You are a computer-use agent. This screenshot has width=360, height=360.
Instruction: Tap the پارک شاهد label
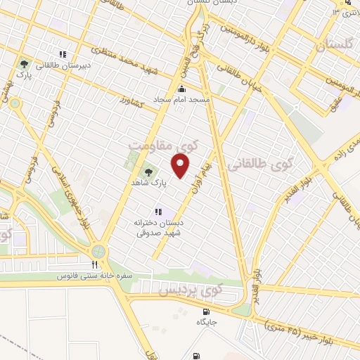point(148,182)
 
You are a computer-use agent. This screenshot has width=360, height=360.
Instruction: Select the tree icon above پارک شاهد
point(148,171)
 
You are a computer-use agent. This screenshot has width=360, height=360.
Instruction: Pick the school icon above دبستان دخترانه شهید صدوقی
point(158,211)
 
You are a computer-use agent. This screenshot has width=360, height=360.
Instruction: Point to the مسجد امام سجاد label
point(183,100)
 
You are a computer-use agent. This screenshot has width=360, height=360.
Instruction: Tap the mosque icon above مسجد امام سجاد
point(183,89)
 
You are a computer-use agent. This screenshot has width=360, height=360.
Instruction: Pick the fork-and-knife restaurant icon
point(94,265)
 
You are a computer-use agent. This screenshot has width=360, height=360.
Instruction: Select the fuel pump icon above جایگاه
point(205,311)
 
